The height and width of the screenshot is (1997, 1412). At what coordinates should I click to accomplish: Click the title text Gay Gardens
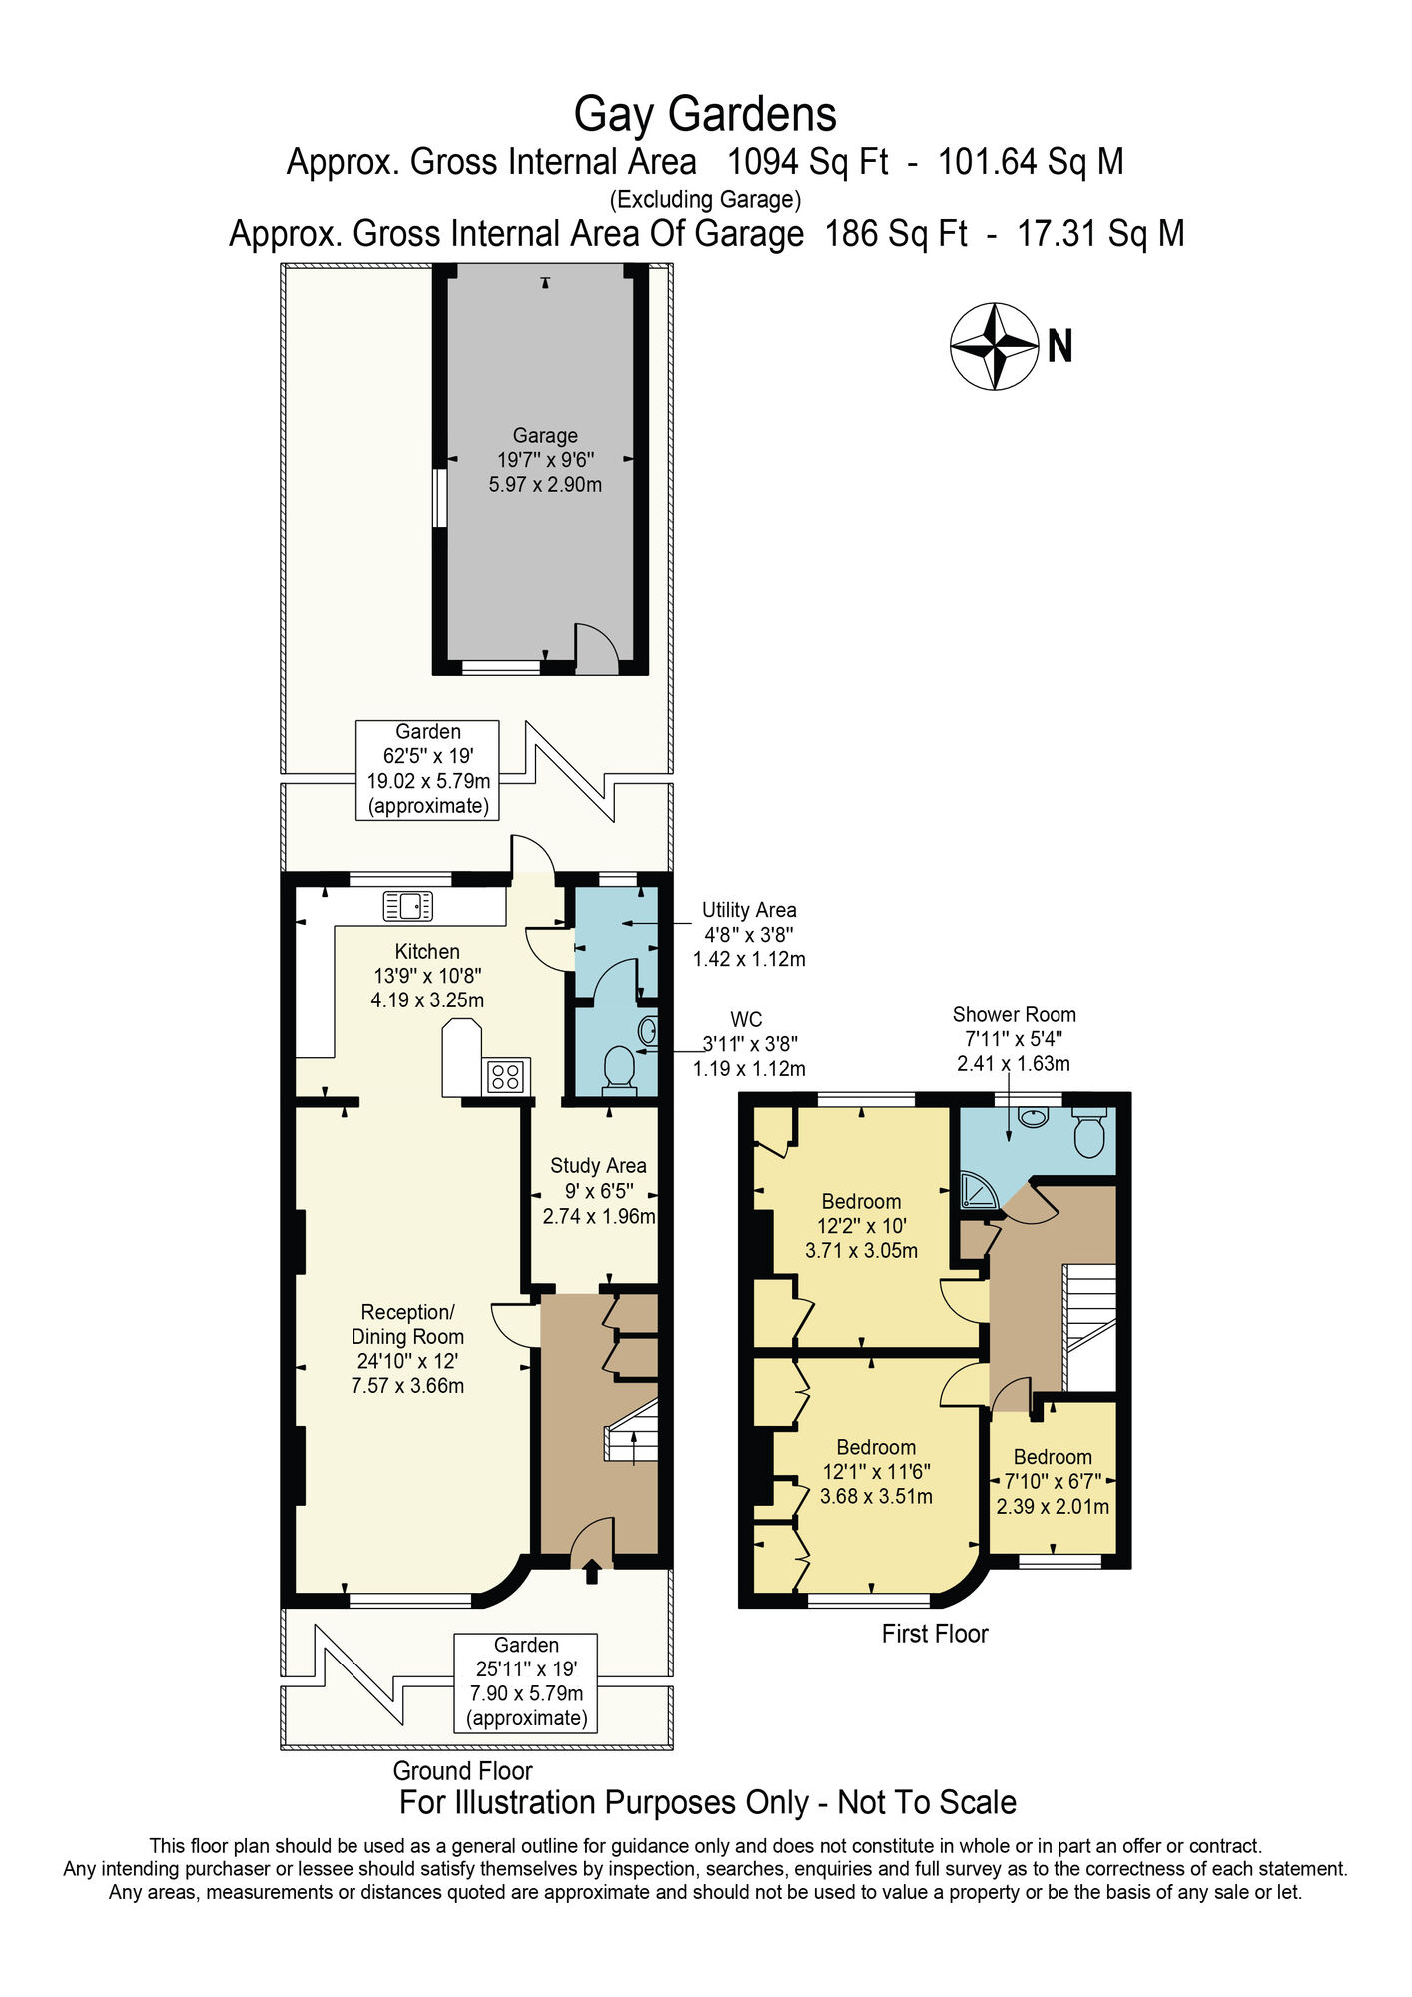click(x=705, y=114)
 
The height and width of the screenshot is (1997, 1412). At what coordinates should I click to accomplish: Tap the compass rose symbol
click(x=994, y=346)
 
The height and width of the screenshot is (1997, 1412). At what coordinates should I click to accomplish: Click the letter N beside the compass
click(x=1059, y=347)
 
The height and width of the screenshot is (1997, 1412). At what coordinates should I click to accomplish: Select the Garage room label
click(x=545, y=436)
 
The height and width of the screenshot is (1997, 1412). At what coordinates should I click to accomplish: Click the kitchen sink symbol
click(x=407, y=906)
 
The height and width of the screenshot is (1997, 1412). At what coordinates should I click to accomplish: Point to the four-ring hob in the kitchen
click(x=506, y=1076)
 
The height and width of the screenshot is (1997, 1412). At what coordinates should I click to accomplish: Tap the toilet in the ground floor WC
click(x=620, y=1066)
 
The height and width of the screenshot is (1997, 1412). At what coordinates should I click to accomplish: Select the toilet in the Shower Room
click(x=1088, y=1131)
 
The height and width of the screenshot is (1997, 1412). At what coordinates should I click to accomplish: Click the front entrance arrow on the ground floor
click(x=591, y=1572)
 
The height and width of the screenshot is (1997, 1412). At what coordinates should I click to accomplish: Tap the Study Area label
click(x=598, y=1165)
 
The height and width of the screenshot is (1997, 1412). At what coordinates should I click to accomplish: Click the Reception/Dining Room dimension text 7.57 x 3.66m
click(x=407, y=1386)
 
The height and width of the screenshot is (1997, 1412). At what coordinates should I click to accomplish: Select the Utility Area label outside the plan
click(x=749, y=910)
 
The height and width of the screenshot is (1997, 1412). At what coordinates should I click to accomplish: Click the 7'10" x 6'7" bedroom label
click(x=1053, y=1482)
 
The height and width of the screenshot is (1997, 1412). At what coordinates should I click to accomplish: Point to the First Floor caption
click(x=934, y=1634)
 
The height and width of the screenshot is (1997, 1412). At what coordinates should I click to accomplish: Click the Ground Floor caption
click(x=462, y=1770)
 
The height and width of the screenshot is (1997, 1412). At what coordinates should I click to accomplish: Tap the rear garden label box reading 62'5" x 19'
click(x=428, y=769)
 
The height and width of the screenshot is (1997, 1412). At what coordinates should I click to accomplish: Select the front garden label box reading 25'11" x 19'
click(x=526, y=1681)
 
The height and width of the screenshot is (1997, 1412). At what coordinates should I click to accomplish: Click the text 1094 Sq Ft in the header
click(x=807, y=162)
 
